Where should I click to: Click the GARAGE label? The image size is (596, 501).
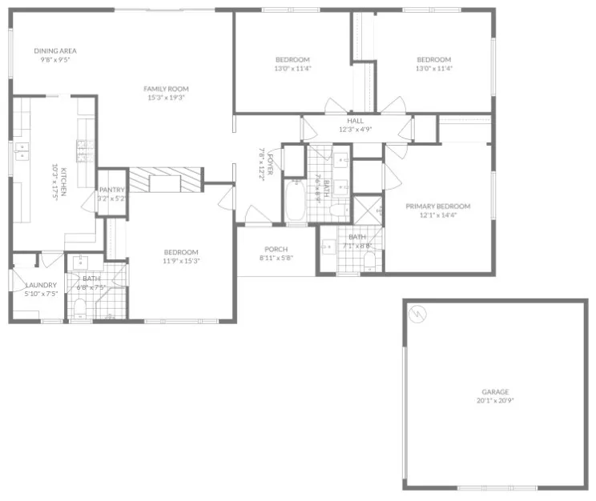494,391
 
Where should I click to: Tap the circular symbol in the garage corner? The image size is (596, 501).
417,314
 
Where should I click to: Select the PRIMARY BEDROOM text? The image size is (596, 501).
437,206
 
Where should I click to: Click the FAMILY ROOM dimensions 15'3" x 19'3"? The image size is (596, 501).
165,98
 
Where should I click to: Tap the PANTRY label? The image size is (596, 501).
111,190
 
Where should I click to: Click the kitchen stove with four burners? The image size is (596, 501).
83,146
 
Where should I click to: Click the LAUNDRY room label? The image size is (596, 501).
40,285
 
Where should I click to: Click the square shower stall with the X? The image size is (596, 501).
368,210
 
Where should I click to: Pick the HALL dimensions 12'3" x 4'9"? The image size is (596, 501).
356,130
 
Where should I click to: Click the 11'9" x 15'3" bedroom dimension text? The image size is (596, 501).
181,260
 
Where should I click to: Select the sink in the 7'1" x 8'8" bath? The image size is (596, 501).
328,246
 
